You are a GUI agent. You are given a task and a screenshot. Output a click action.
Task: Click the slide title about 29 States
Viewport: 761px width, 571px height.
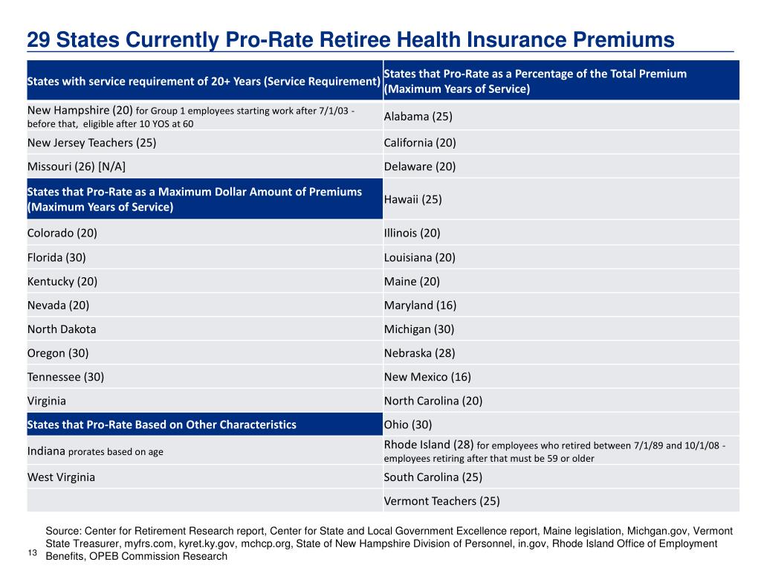click(351, 40)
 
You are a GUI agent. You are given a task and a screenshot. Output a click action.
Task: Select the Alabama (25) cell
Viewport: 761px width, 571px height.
click(418, 117)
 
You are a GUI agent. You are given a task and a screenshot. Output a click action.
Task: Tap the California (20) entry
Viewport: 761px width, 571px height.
click(420, 143)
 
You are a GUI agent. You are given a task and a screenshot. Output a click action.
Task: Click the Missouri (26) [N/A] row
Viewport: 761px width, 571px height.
click(77, 167)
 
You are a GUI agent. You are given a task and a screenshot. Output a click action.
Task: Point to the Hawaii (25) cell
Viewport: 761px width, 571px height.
click(412, 199)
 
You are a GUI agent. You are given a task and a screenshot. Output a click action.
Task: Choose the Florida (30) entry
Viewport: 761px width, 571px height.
click(56, 257)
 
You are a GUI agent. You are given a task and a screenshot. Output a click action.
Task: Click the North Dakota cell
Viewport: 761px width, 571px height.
click(62, 329)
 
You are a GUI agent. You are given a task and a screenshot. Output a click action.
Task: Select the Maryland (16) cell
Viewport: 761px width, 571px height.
click(420, 306)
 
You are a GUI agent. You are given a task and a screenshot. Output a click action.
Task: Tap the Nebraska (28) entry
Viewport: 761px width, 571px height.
click(419, 353)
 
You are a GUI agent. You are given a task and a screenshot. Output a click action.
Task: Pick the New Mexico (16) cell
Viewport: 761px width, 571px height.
click(427, 377)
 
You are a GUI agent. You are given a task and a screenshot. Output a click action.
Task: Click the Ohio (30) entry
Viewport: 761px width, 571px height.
click(408, 425)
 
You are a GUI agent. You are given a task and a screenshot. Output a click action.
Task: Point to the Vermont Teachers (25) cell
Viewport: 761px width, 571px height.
click(441, 501)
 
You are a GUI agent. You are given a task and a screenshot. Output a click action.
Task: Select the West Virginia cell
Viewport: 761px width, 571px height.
click(61, 477)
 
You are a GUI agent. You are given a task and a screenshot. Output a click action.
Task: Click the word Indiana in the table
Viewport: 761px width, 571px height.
click(46, 451)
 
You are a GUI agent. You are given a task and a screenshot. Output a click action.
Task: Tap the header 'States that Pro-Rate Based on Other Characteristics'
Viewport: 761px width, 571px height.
click(161, 425)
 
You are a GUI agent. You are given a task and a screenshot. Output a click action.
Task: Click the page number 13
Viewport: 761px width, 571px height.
click(33, 552)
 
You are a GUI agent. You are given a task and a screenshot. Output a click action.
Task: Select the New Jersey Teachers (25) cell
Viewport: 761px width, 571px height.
click(91, 143)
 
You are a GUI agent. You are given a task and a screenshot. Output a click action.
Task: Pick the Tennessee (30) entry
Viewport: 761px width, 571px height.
click(65, 377)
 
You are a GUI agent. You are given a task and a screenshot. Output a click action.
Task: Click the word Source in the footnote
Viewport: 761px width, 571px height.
click(63, 531)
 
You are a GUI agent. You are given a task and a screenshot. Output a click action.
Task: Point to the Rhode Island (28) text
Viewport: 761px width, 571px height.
click(429, 445)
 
